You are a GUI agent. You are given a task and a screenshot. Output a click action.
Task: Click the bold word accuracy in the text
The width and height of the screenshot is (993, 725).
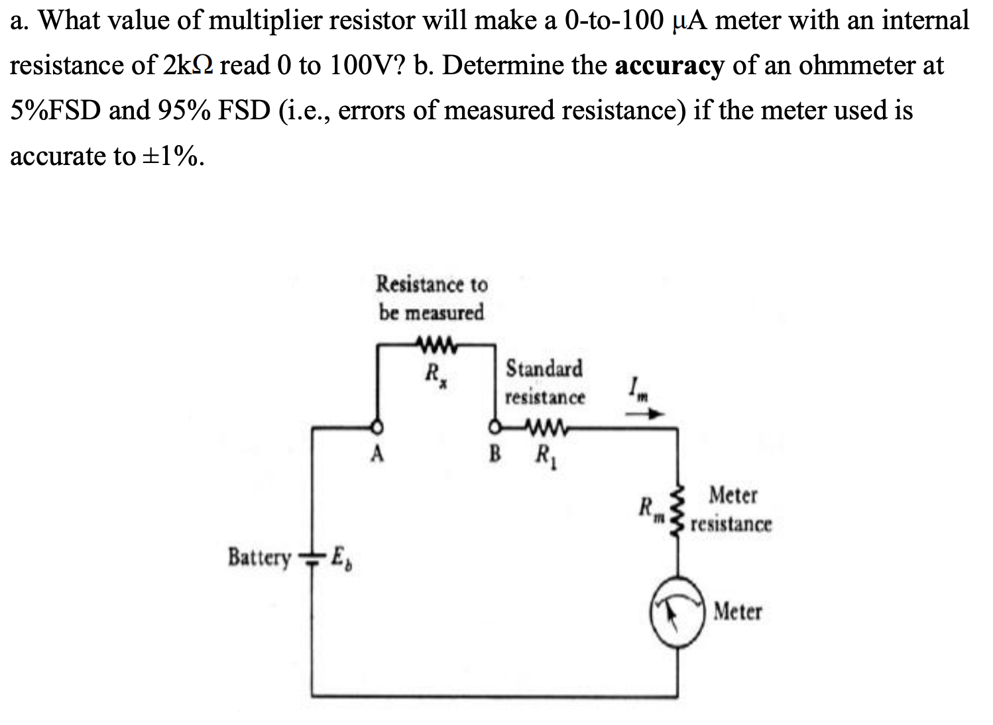pos(669,66)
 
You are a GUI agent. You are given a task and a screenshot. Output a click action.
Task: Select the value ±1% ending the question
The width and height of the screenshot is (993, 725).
pos(168,156)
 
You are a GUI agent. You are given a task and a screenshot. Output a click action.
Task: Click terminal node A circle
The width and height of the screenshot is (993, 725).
pos(378,426)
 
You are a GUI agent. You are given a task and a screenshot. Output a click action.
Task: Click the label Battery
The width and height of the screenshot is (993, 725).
pos(259,557)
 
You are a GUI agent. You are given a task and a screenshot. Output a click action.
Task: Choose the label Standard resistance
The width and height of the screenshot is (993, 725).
pos(545,382)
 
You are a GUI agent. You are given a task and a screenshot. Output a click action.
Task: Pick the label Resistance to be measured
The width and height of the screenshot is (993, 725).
pos(432,298)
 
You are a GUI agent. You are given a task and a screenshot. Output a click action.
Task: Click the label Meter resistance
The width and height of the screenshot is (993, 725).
pos(731,510)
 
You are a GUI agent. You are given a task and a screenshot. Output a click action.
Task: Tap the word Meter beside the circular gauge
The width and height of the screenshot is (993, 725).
pos(738,611)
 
